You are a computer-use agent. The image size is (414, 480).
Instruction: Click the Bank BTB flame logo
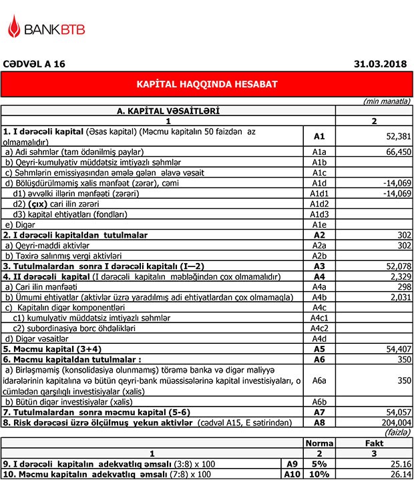pyautogui.click(x=13, y=27)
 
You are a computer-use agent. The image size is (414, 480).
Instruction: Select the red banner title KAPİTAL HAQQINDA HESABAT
pyautogui.click(x=206, y=85)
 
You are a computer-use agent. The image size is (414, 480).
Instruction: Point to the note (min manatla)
pyautogui.click(x=387, y=101)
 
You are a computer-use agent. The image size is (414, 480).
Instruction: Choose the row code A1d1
pyautogui.click(x=319, y=194)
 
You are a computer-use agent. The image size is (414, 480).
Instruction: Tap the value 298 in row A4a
pyautogui.click(x=403, y=286)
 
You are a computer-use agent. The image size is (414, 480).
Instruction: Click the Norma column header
pyautogui.click(x=319, y=443)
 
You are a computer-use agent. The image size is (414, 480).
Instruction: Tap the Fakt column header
pyautogui.click(x=374, y=443)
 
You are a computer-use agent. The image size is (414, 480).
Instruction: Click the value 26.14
pyautogui.click(x=399, y=474)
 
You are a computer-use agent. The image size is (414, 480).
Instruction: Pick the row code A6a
pyautogui.click(x=319, y=380)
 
